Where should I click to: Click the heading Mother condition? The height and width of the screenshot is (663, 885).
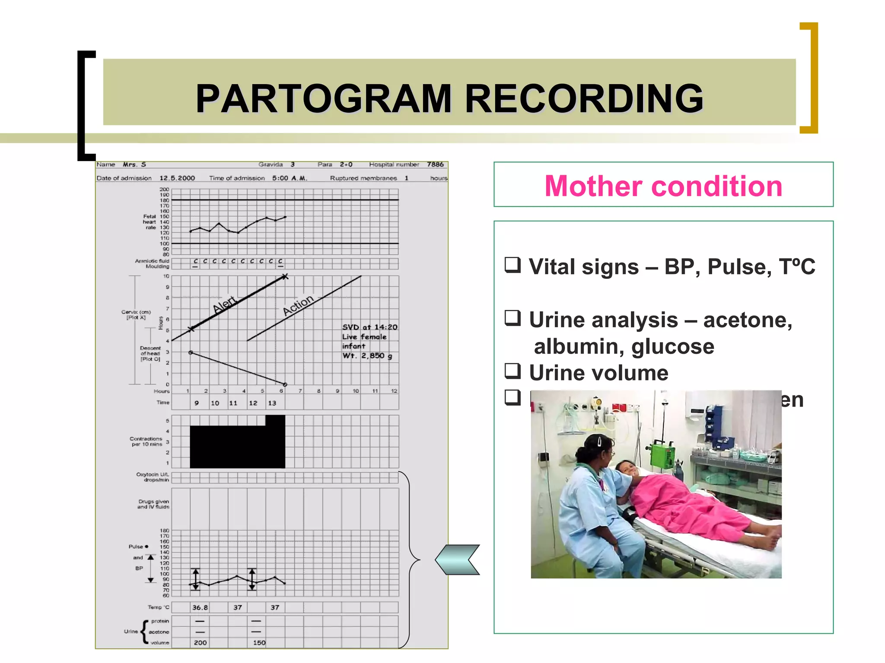(x=663, y=186)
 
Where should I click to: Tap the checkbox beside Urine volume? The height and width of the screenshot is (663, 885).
(x=513, y=371)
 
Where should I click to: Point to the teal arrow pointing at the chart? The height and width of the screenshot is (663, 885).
(x=458, y=559)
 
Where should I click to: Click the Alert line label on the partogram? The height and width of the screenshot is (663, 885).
(x=225, y=304)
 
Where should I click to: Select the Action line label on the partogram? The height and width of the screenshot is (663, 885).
(x=298, y=305)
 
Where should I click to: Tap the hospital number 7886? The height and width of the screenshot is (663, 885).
(x=435, y=164)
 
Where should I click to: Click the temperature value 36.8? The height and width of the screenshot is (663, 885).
(x=200, y=607)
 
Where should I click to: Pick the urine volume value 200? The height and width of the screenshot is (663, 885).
(x=200, y=643)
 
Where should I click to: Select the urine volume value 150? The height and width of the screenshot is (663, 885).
(x=259, y=643)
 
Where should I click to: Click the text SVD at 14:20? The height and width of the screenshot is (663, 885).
(x=369, y=327)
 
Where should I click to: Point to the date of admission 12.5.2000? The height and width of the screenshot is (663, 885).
(x=177, y=178)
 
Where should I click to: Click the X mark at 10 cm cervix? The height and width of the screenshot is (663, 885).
(x=285, y=276)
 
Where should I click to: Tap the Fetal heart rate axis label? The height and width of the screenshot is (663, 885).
(x=150, y=222)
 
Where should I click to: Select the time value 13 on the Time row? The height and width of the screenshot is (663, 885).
(x=272, y=403)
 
